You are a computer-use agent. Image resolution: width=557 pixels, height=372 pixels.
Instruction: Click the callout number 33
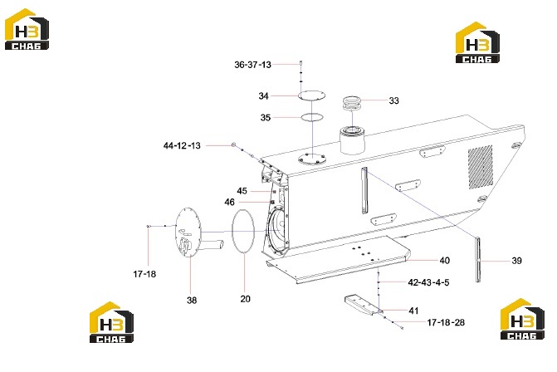(394, 101)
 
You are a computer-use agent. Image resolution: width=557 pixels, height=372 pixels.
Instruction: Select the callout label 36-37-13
(252, 65)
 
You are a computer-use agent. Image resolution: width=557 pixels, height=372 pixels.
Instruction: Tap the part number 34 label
(263, 96)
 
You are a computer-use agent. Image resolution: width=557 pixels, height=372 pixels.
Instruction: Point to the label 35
(266, 118)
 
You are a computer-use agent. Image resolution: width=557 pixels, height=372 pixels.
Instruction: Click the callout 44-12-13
(182, 145)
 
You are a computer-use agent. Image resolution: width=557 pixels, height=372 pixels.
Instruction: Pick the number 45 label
(242, 191)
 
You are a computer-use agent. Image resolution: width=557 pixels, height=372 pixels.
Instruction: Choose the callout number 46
(229, 202)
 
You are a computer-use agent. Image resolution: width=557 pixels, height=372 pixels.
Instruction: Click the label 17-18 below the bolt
(144, 274)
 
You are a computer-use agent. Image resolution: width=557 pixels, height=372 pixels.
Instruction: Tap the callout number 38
(192, 301)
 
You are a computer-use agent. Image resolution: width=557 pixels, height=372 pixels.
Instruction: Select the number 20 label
(246, 299)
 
